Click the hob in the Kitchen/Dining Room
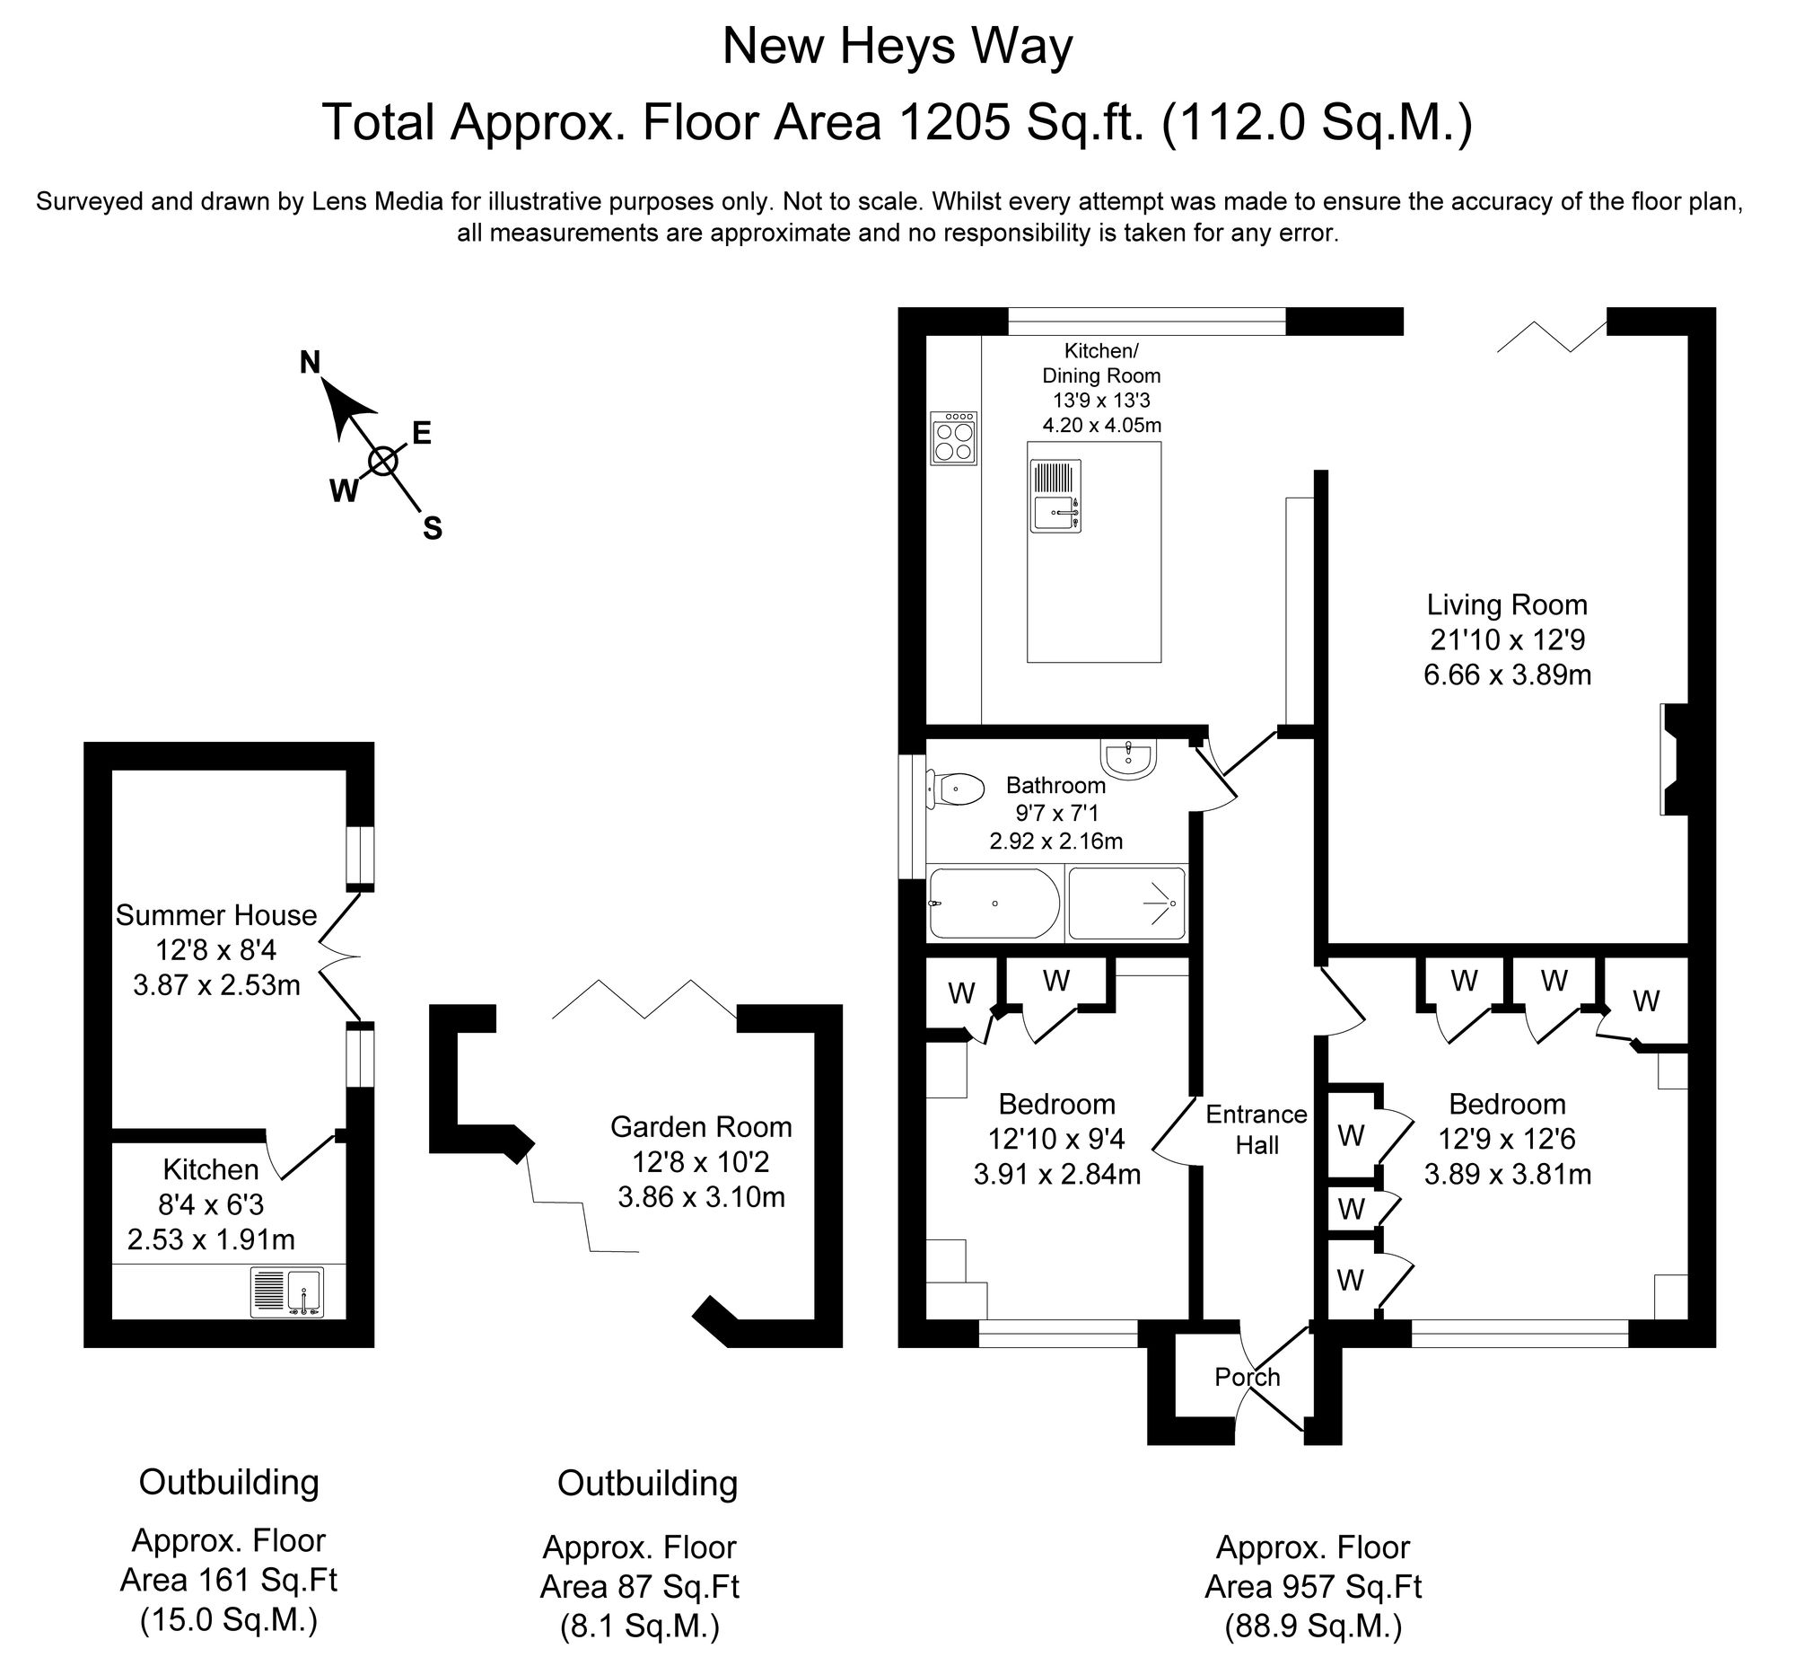coord(953,438)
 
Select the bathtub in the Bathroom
coord(994,904)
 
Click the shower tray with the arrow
coord(1125,904)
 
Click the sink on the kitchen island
coord(1055,496)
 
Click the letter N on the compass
coord(309,363)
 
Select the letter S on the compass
coord(433,528)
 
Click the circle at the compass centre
coord(383,462)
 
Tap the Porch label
coord(1247,1377)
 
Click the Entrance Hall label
coord(1256,1129)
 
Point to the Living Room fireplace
coord(1673,760)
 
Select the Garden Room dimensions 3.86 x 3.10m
coord(701,1197)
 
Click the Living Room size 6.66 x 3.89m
coord(1507,674)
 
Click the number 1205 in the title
coord(954,123)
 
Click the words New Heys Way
coord(897,47)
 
